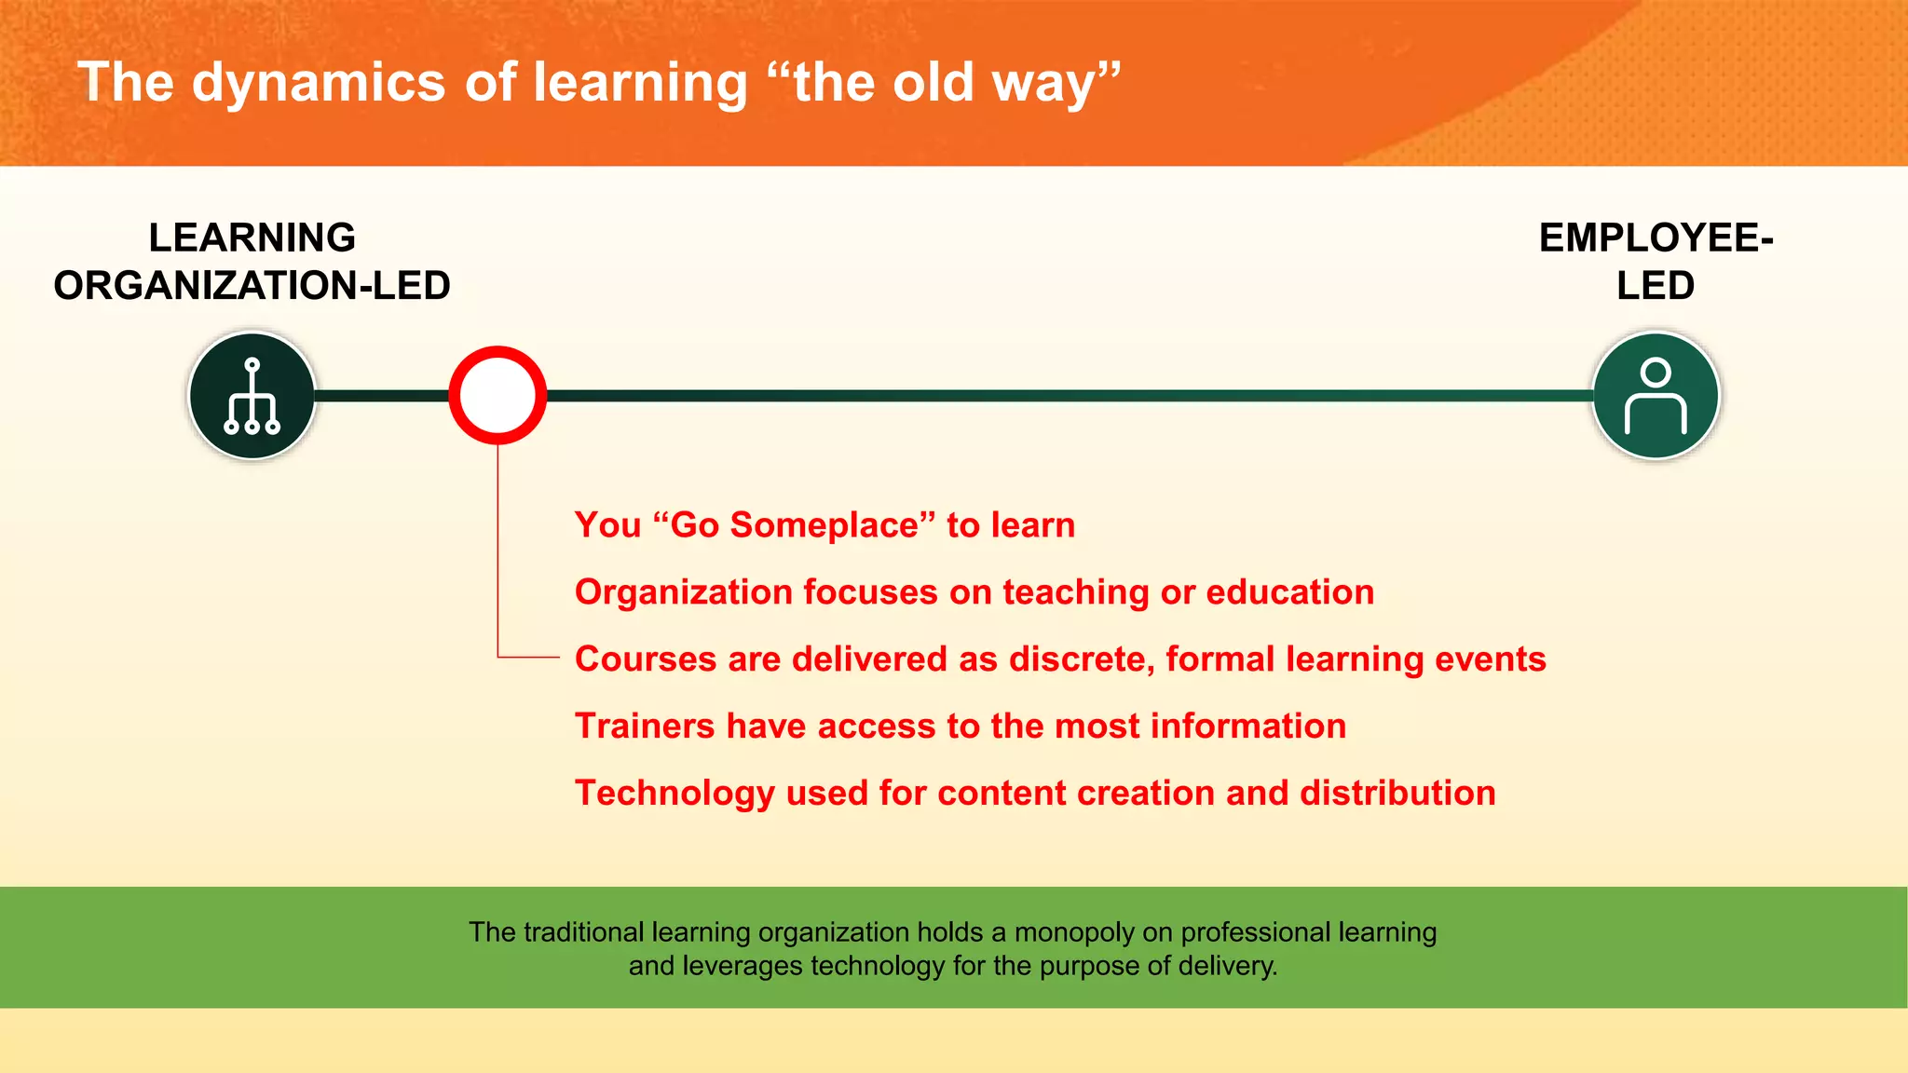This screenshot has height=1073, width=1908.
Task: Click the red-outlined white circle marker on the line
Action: (x=497, y=395)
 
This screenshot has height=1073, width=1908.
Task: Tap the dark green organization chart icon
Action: (x=252, y=396)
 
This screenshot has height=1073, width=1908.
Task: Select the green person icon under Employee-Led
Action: (x=1656, y=396)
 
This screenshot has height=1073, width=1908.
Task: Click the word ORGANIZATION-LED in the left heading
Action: (x=252, y=286)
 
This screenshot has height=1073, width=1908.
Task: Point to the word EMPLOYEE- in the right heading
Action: (x=1656, y=238)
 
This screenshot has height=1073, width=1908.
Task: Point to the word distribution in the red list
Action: (x=1397, y=794)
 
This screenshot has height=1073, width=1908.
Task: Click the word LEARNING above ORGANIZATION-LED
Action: (x=252, y=238)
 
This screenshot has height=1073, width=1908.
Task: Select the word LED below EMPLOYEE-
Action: (x=1656, y=286)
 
